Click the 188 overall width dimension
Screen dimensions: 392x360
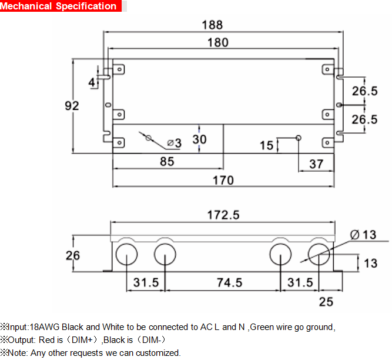212,25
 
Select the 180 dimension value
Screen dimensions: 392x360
218,42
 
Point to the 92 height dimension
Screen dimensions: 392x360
72,106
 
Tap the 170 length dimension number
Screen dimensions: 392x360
223,181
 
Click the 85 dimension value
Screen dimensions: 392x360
167,162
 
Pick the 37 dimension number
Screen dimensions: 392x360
316,164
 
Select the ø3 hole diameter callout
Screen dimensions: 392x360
175,143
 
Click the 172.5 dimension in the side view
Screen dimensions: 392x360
223,215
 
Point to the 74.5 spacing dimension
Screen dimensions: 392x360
230,283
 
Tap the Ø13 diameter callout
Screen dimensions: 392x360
363,235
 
